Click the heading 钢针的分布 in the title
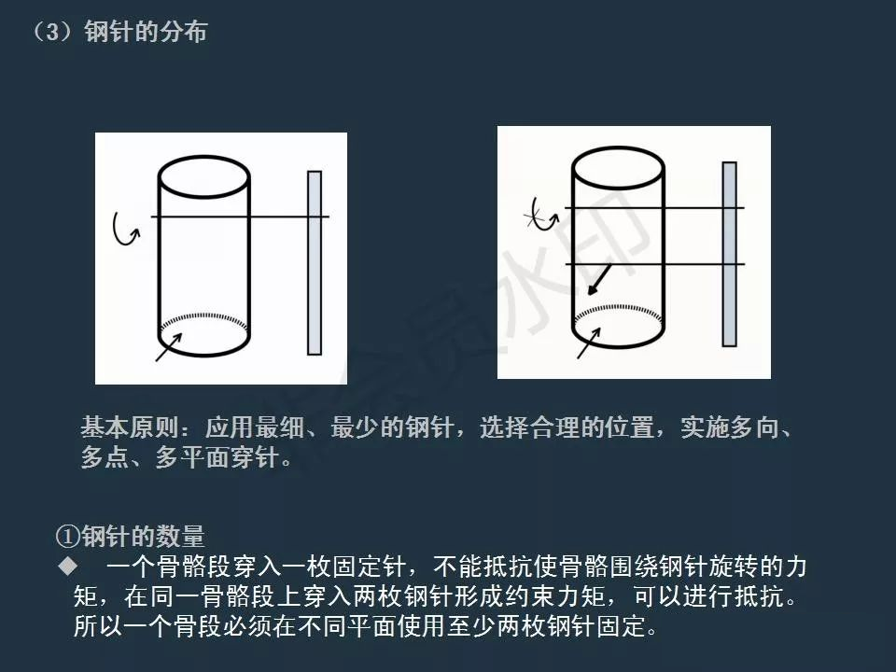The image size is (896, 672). [x=146, y=32]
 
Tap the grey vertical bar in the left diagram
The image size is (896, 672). [x=315, y=263]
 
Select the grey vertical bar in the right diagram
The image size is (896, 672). [x=729, y=254]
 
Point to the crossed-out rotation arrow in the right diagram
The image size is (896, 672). [x=540, y=216]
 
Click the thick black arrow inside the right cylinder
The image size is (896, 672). [x=599, y=279]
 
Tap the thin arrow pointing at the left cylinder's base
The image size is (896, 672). [x=169, y=347]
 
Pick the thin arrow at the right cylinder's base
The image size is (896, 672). [x=589, y=343]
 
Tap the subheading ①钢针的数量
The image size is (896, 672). [x=131, y=536]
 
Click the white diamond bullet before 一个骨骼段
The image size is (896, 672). [x=68, y=566]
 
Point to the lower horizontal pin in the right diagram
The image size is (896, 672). [x=655, y=264]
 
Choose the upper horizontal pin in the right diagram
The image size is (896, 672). [x=655, y=207]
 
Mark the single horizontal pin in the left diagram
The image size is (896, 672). [x=240, y=217]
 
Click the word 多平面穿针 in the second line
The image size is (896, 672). [x=217, y=457]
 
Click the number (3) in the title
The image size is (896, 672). [x=52, y=32]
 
